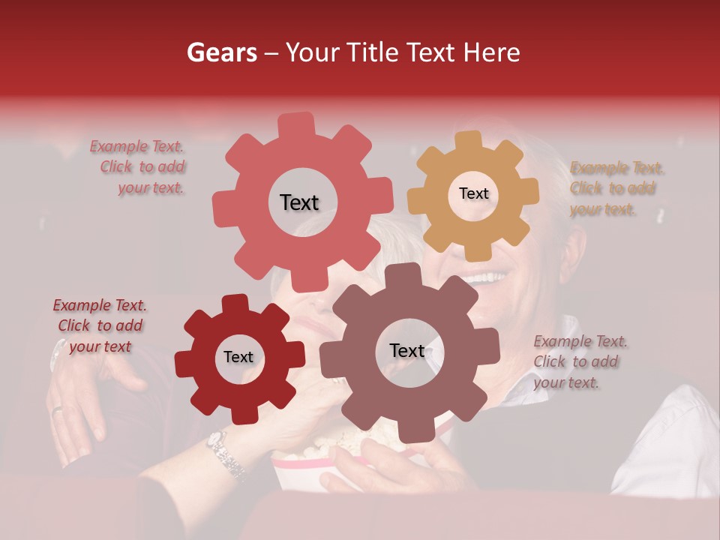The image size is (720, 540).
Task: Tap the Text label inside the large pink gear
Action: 299,202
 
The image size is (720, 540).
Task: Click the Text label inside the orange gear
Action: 473,193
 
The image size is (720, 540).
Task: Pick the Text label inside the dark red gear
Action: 238,357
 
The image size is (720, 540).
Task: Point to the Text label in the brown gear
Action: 407,350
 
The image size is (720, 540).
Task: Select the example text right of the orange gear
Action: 616,188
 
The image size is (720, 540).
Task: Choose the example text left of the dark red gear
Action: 100,325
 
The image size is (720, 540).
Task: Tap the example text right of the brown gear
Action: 580,361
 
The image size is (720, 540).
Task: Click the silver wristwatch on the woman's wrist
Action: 225,453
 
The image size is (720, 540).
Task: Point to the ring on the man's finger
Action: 57,409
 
